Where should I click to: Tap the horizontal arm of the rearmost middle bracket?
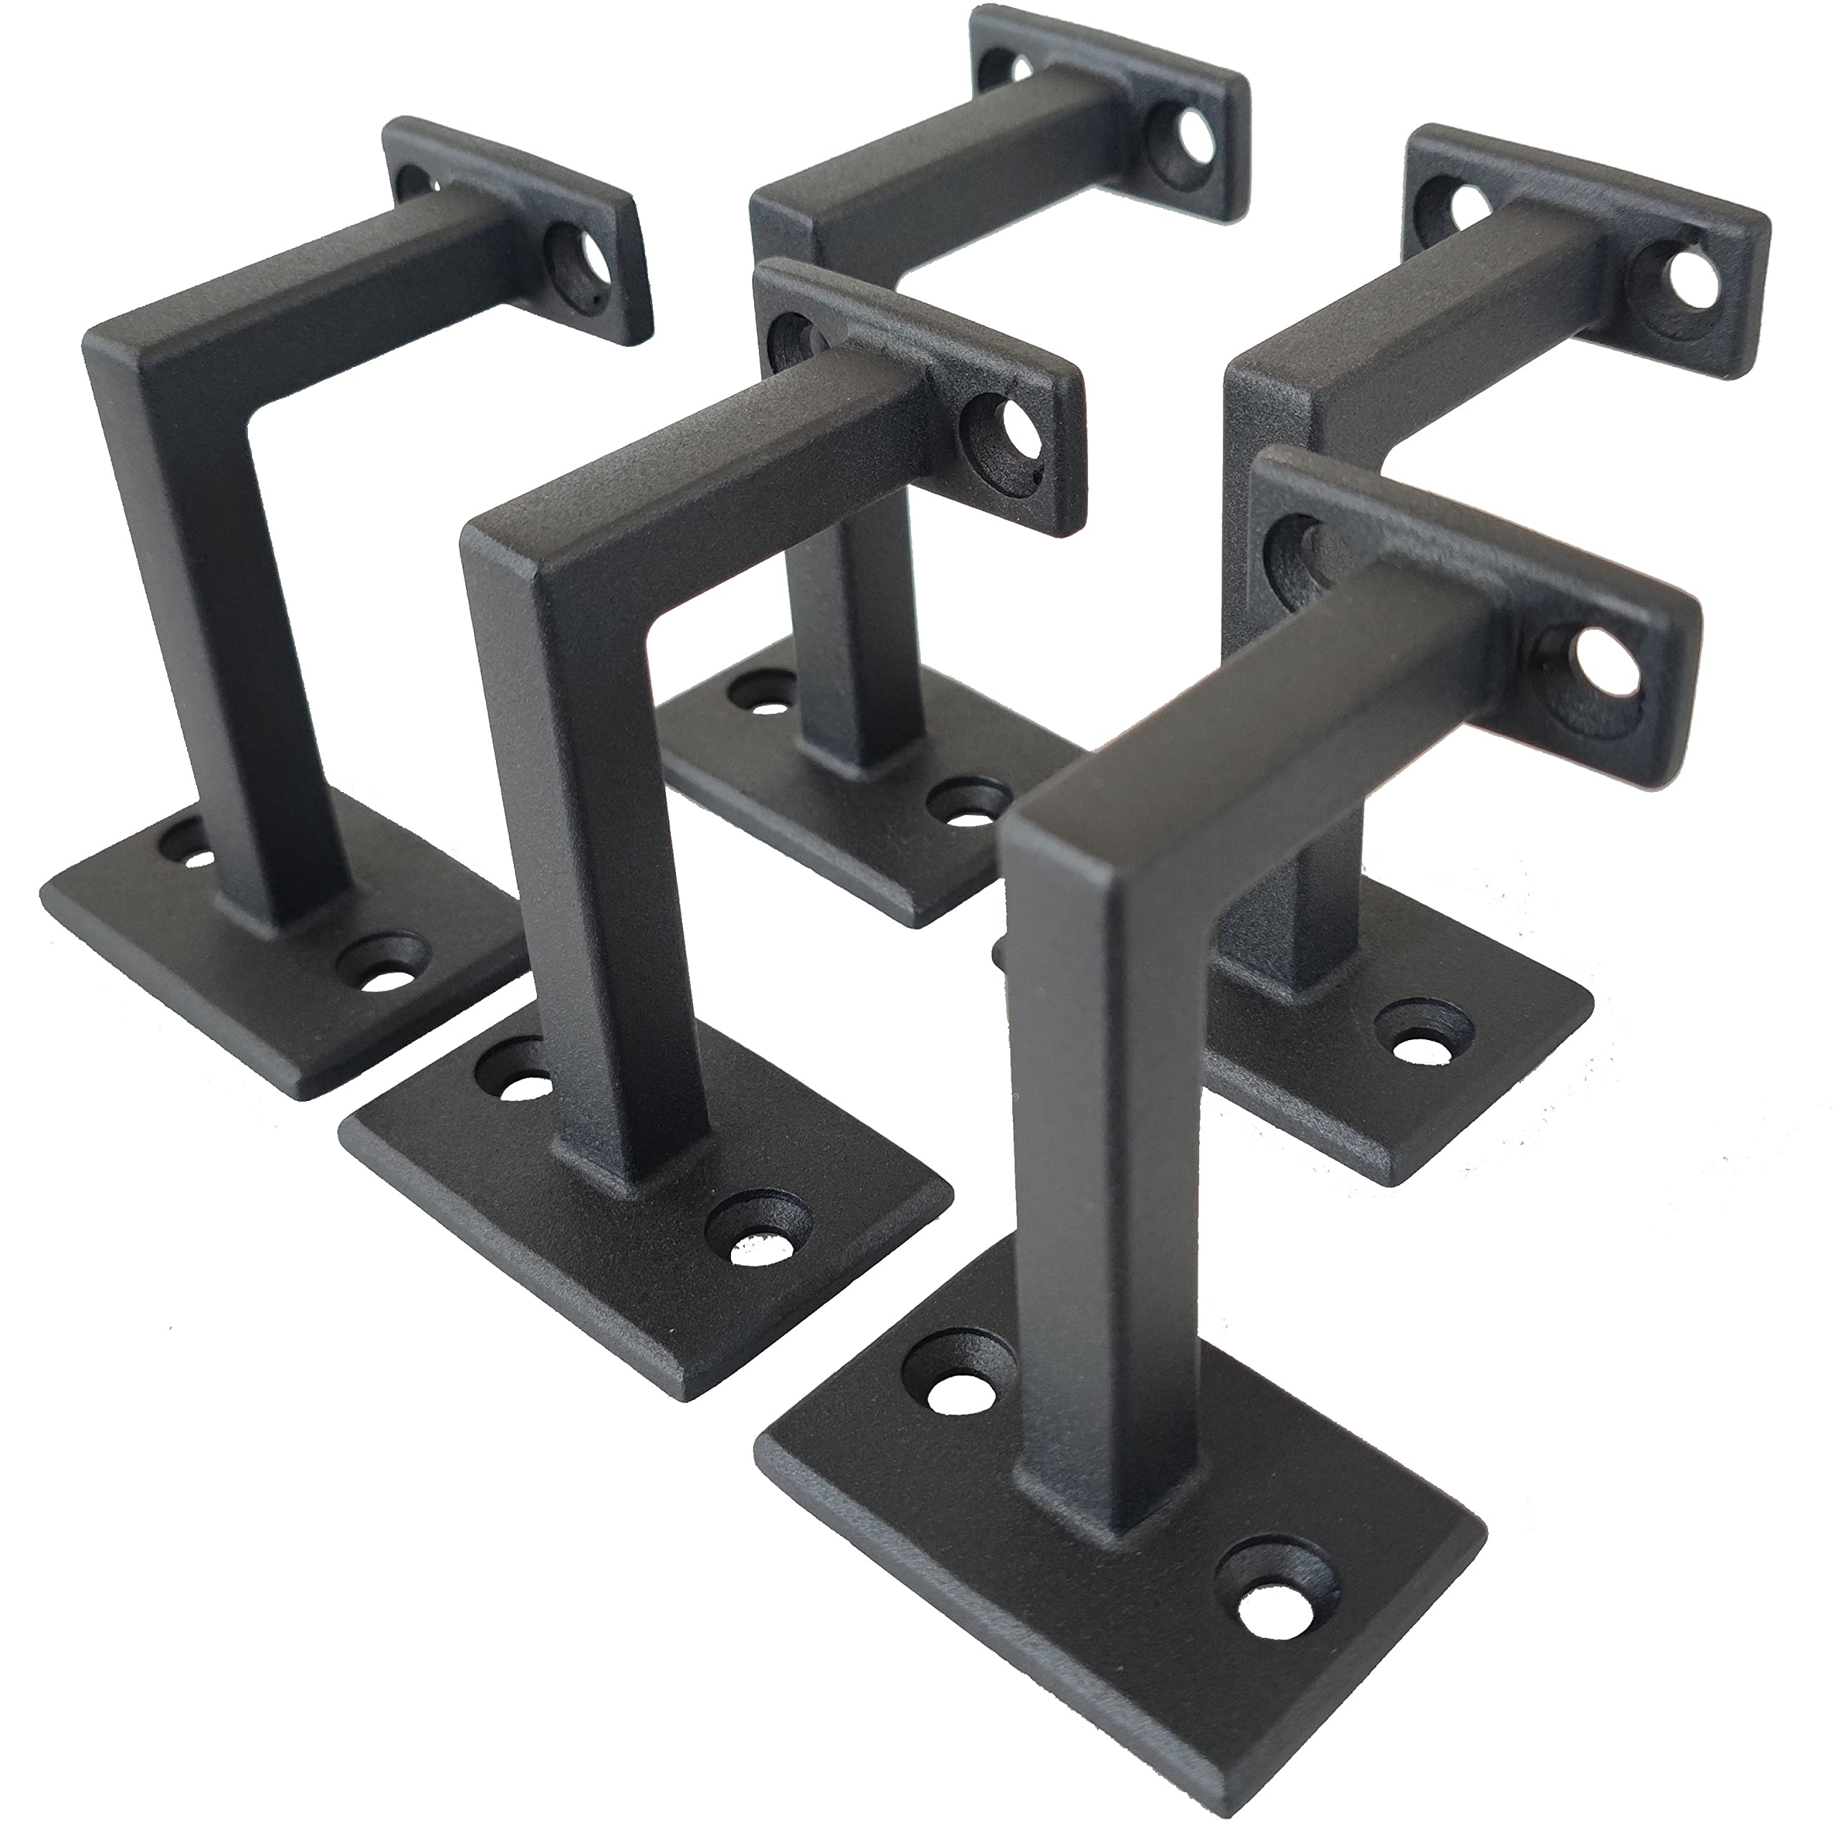click(940, 181)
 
